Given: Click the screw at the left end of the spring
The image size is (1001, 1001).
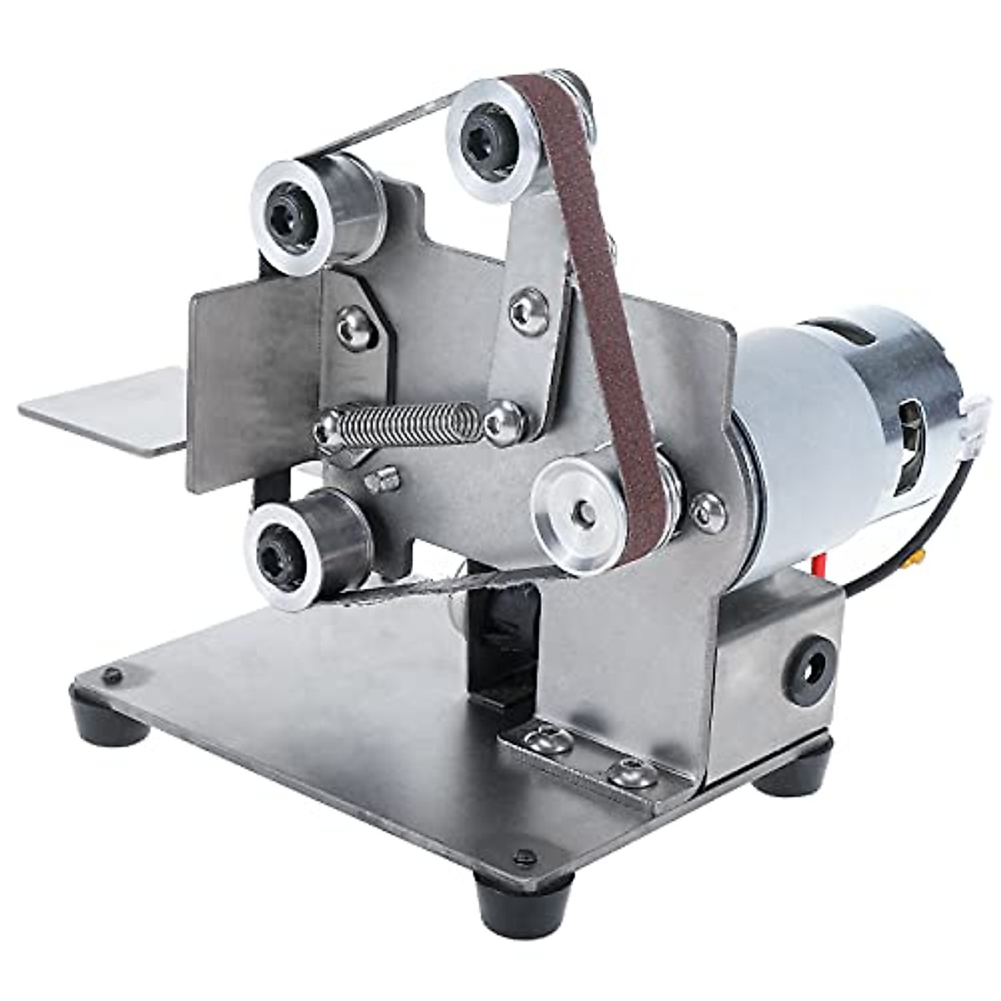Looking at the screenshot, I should tap(325, 431).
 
